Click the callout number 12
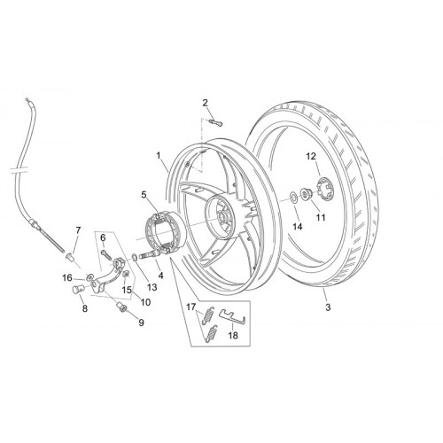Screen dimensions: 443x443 click(x=311, y=156)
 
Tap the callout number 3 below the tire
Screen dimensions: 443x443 click(x=328, y=307)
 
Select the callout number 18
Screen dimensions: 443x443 click(x=233, y=335)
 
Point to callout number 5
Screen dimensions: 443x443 click(x=144, y=195)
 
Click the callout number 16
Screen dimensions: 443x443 click(x=67, y=278)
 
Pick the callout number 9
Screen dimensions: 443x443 click(x=141, y=323)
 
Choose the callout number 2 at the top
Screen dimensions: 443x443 click(x=205, y=103)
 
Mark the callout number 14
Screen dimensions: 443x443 click(x=298, y=227)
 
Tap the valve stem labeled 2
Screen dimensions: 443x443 click(x=215, y=122)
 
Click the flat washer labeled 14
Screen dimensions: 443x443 click(x=294, y=197)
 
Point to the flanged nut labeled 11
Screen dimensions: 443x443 click(x=305, y=194)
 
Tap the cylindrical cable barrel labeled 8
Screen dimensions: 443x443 click(x=78, y=289)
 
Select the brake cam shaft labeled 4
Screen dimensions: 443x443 click(x=151, y=253)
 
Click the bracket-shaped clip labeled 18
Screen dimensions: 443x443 click(x=232, y=315)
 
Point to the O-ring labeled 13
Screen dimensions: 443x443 click(x=134, y=257)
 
